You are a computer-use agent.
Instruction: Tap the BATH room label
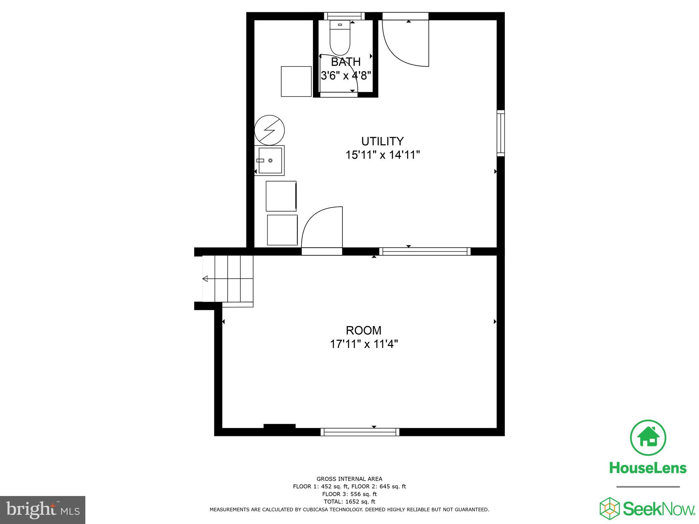click(345, 62)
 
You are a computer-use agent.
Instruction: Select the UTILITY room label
click(382, 141)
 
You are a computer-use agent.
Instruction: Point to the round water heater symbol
click(270, 130)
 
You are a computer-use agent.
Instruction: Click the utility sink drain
click(270, 160)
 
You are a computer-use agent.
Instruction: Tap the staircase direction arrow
click(205, 279)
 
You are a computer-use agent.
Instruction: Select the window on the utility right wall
click(500, 133)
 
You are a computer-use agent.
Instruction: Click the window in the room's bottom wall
click(360, 432)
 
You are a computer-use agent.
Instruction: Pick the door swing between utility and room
click(322, 227)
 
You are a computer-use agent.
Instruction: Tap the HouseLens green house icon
click(647, 438)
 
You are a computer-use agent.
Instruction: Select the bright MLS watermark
click(43, 510)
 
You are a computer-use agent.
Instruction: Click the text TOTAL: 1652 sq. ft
click(349, 501)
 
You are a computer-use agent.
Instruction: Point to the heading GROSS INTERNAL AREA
click(349, 479)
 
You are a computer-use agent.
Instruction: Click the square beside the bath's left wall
click(296, 82)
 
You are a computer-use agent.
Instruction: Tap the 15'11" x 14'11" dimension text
click(382, 155)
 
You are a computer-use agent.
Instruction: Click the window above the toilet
click(344, 16)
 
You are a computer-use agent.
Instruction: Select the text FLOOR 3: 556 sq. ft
click(349, 494)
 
